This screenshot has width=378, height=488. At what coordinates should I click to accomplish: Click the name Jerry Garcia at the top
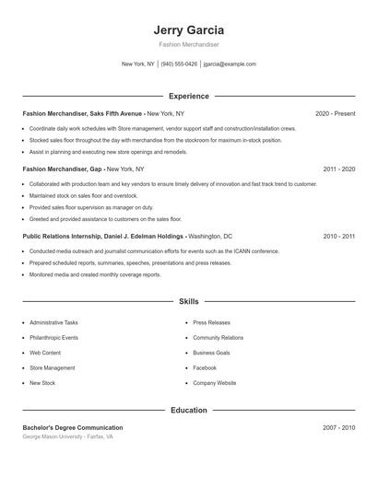click(x=188, y=29)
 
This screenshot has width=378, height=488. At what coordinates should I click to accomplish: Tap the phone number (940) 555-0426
click(x=179, y=64)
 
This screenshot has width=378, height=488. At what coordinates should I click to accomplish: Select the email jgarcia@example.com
click(x=230, y=64)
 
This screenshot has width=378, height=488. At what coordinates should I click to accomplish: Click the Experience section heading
click(x=188, y=96)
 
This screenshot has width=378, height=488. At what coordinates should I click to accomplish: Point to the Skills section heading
click(x=188, y=301)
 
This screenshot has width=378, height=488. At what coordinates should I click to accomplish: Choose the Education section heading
click(x=188, y=410)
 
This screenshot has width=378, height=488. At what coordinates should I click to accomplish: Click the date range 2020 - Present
click(x=335, y=113)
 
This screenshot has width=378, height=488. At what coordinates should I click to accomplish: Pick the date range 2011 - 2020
click(x=338, y=169)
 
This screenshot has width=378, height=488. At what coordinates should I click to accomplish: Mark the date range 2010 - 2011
click(x=338, y=236)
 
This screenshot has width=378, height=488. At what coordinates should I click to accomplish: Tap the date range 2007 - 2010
click(x=338, y=427)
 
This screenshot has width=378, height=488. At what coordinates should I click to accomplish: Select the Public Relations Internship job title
click(x=104, y=236)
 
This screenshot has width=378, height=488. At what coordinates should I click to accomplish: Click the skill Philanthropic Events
click(x=53, y=338)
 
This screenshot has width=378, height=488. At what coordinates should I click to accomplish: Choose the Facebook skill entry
click(x=205, y=367)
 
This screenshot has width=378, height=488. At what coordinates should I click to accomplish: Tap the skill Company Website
click(x=214, y=382)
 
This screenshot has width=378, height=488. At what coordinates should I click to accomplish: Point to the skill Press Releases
click(x=211, y=323)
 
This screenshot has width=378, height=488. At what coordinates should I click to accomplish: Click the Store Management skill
click(x=53, y=367)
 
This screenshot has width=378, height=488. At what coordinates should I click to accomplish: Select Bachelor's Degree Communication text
click(x=72, y=427)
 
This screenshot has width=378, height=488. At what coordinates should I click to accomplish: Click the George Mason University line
click(x=68, y=436)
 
